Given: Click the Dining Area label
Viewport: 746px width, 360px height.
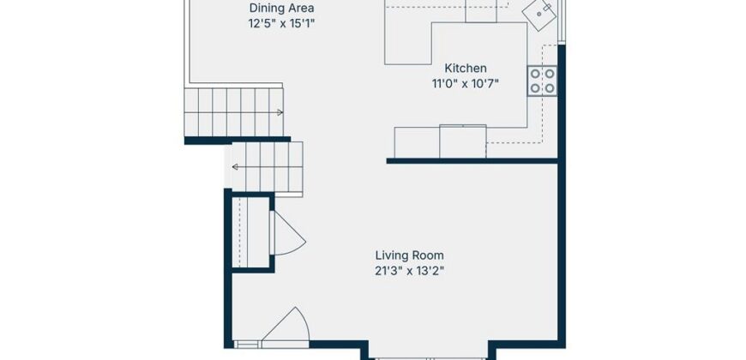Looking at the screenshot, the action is [x=281, y=8].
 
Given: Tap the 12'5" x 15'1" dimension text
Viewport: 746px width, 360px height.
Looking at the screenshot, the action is [x=281, y=24].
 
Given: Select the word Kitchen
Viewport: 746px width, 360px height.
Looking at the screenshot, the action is [x=466, y=68].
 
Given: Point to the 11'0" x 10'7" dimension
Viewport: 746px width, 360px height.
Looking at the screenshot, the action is [x=466, y=84].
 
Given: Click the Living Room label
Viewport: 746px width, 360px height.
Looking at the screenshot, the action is [x=410, y=255].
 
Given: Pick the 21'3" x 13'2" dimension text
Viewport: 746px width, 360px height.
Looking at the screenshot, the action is [x=410, y=272].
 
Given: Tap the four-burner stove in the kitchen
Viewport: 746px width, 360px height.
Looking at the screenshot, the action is [x=543, y=81].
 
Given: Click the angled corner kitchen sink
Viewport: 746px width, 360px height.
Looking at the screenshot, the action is [x=539, y=15].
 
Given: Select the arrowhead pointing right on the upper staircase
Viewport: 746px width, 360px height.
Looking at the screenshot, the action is [x=280, y=112].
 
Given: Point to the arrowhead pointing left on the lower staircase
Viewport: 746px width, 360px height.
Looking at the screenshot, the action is [x=235, y=167].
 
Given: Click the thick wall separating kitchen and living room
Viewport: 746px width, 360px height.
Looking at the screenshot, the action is [x=472, y=161].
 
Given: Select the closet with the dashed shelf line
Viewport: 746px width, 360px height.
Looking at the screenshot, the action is [x=251, y=233].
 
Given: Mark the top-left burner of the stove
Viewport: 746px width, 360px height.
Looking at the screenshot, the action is [x=535, y=74].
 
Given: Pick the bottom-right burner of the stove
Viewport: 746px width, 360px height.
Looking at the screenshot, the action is [x=550, y=88].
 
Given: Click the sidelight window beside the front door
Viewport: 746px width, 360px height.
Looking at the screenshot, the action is [x=247, y=345].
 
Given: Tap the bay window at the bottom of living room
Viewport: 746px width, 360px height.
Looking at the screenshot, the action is [x=429, y=358].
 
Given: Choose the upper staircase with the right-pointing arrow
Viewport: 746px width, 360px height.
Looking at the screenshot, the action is [x=234, y=112].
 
